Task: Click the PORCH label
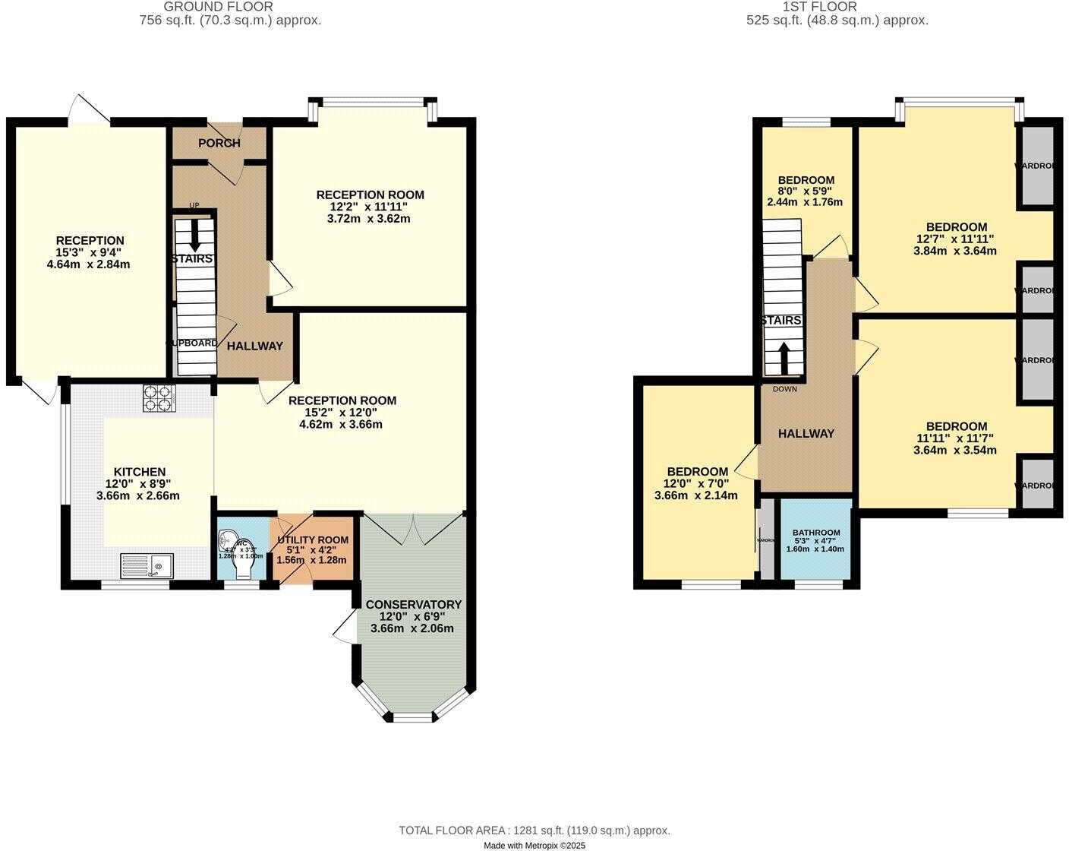click(219, 143)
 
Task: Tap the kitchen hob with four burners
click(159, 398)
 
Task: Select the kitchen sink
click(147, 565)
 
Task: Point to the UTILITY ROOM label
click(312, 540)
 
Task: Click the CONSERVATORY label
click(413, 605)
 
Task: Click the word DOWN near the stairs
click(784, 389)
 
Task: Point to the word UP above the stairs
click(194, 206)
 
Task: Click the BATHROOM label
click(815, 533)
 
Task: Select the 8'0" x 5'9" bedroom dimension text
click(805, 191)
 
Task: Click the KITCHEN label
click(139, 472)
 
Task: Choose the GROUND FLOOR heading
click(218, 7)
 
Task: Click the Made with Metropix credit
click(534, 845)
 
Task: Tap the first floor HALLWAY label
click(806, 434)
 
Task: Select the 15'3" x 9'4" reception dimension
click(89, 253)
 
